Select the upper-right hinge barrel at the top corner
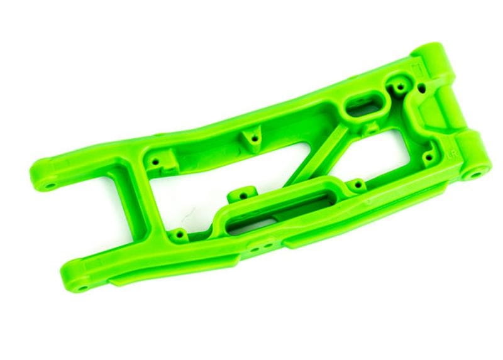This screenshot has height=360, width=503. (x=434, y=57)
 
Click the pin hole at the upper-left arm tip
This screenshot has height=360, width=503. (x=48, y=187)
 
